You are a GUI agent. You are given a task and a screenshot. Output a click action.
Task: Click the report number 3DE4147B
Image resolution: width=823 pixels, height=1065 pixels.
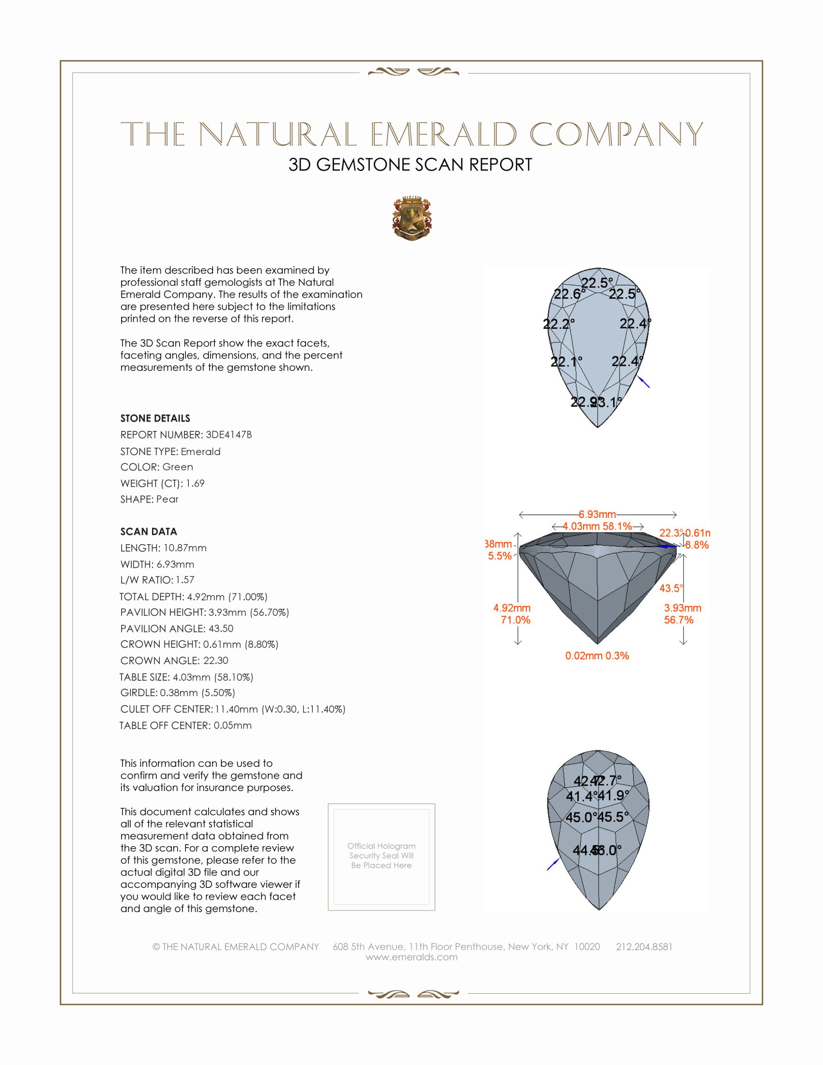[229, 435]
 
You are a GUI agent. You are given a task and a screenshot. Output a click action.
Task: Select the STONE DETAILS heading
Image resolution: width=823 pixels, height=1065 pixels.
[155, 418]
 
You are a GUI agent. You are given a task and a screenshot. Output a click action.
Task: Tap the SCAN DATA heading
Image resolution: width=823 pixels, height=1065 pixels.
[149, 532]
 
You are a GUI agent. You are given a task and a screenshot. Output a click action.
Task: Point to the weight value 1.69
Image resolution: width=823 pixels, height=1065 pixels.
[195, 483]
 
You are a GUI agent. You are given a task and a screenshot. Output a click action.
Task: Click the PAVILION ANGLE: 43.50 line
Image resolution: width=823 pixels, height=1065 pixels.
[177, 628]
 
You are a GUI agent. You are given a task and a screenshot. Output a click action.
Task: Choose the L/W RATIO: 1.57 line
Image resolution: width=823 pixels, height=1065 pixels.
[157, 580]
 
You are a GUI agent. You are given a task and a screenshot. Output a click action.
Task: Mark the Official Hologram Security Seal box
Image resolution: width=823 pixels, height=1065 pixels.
[381, 856]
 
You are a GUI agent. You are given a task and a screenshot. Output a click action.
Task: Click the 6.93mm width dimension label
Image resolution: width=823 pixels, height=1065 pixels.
[597, 515]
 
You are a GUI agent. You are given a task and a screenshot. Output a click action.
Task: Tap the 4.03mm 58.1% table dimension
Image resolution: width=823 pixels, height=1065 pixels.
[597, 526]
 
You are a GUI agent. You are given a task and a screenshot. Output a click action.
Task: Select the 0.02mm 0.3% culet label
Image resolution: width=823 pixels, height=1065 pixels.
[597, 656]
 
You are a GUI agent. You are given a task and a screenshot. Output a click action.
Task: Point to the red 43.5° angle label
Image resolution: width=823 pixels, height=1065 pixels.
[671, 588]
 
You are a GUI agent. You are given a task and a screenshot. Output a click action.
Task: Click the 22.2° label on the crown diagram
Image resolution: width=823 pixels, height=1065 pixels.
[559, 323]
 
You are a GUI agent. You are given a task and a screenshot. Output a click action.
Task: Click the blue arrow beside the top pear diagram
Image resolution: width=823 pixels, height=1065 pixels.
[644, 382]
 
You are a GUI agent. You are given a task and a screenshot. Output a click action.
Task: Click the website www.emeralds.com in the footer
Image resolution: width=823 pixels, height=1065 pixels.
[411, 957]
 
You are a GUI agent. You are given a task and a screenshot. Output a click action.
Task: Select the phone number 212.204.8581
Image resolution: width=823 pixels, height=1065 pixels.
[644, 946]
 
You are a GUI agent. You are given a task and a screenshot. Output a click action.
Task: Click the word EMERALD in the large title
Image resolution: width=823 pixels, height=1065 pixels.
[443, 134]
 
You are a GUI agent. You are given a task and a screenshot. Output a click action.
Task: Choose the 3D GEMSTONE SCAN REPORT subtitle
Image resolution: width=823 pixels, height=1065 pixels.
[410, 165]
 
